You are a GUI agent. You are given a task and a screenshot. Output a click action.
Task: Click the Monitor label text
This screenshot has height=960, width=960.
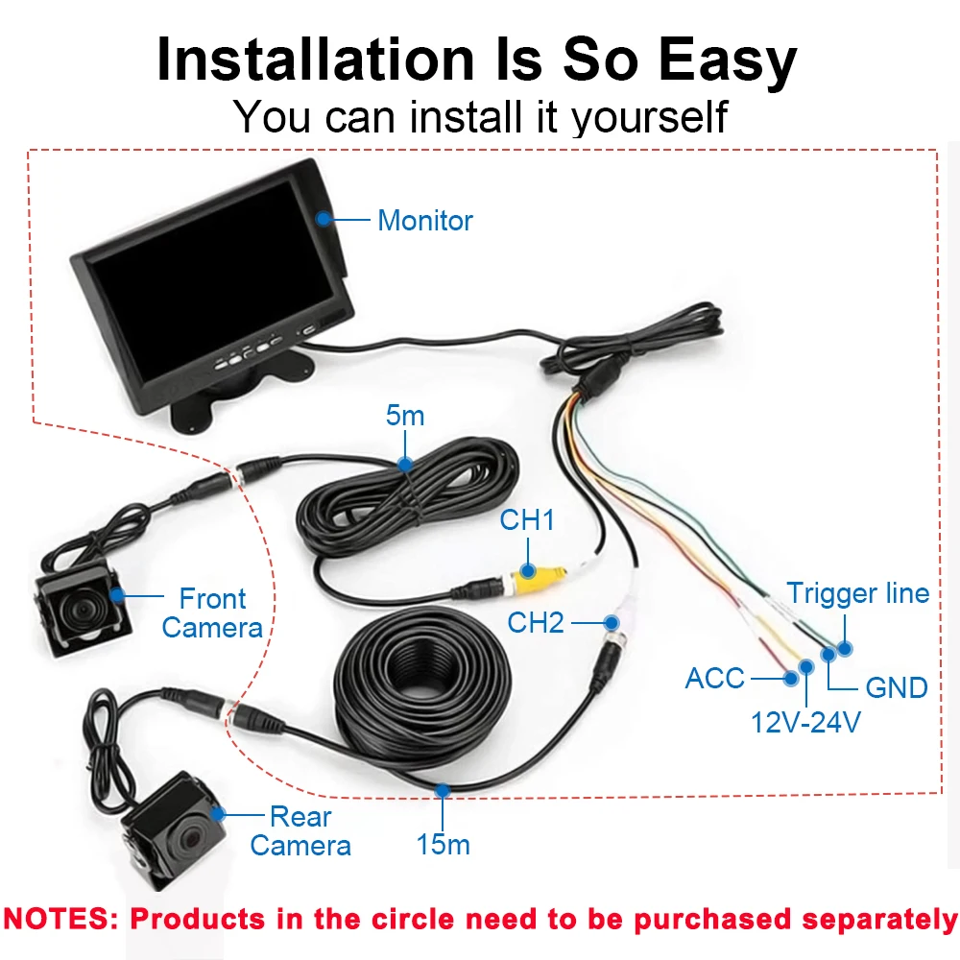point(424,220)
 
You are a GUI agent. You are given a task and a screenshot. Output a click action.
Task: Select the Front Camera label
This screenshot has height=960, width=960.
point(212,613)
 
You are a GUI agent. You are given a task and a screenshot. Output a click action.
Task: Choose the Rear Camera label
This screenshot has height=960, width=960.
point(300,831)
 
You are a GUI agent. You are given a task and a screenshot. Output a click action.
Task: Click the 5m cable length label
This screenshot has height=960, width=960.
point(404,417)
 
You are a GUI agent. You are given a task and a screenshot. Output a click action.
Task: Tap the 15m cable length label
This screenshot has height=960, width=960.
point(443,845)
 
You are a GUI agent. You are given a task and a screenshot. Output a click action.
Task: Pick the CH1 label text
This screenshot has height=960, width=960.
point(527,521)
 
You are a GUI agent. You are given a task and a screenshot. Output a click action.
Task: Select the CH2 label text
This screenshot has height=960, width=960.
point(536,623)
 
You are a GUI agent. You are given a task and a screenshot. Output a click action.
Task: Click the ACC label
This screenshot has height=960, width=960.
point(714,679)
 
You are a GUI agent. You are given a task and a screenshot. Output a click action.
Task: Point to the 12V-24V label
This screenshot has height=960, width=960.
point(804,721)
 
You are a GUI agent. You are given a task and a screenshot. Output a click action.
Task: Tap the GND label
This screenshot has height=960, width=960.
point(896,687)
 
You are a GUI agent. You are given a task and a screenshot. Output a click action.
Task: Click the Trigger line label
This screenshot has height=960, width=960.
point(858,593)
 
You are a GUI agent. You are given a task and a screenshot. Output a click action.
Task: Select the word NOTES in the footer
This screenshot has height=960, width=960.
point(60,919)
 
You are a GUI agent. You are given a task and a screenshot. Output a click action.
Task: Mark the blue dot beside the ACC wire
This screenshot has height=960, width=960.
point(791,678)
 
